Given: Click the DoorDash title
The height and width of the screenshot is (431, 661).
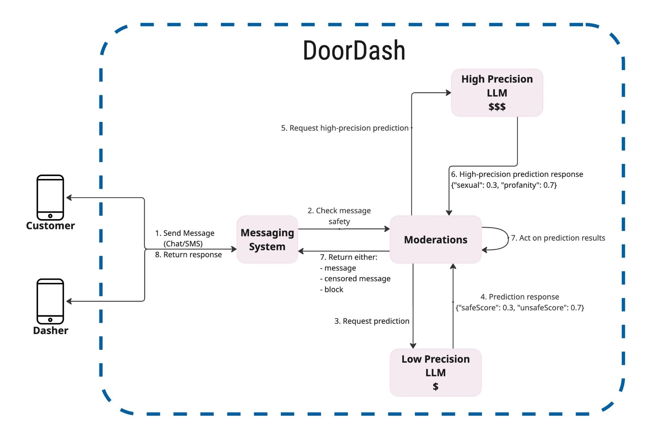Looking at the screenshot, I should coord(354,51).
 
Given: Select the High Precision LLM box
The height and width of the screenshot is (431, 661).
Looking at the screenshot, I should coord(497,93).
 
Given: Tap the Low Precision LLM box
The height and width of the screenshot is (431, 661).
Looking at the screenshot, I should coord(435,372).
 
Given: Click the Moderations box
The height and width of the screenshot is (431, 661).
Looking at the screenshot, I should coord(435,240).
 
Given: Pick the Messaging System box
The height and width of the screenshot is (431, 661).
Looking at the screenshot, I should coord(267,240).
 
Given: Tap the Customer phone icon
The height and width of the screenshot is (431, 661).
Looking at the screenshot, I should coord(50,197).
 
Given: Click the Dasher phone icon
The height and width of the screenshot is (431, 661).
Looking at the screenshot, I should coord(50,301).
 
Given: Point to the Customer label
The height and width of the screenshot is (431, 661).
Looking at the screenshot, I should coord(51,226).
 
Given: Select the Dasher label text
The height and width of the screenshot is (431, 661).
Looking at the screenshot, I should coord(51,330).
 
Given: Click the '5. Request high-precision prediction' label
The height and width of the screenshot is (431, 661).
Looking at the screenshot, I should coord(345,128).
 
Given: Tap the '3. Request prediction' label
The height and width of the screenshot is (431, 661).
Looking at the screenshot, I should coord(372,321).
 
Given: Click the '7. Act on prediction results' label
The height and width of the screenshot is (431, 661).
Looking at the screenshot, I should coord(558,238).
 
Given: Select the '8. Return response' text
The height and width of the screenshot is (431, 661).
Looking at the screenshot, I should coord(188,255).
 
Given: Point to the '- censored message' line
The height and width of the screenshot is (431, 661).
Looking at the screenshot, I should coord(355,279).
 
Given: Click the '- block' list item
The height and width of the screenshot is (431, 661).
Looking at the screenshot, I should coord(332,290).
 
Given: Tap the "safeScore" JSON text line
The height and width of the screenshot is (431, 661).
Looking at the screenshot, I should coord(520,308).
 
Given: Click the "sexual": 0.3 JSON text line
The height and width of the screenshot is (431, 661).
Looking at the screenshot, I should coord(504,185).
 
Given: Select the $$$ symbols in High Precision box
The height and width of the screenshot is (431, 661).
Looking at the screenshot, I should coord(497,107).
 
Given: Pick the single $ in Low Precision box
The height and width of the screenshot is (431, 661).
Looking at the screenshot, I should coord(435,386).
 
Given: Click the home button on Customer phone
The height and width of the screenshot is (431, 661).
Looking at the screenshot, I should coord(50,216).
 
